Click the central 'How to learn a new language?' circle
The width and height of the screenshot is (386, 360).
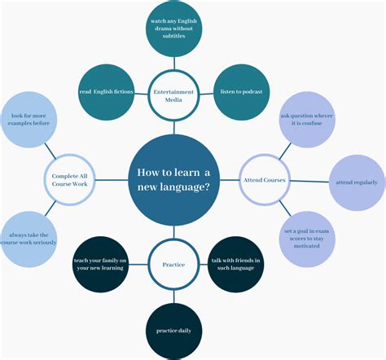(173, 180)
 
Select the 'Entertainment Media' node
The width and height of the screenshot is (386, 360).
(173, 96)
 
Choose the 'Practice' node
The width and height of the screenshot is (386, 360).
(173, 264)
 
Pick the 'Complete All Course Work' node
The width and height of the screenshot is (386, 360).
(70, 179)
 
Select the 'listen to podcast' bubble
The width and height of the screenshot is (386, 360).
(241, 91)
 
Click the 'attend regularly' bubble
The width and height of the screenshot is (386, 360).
(356, 182)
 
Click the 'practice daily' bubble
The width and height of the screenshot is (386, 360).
(173, 330)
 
